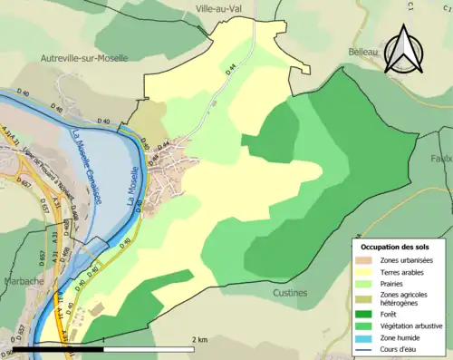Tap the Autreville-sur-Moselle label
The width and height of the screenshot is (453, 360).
click(x=84, y=57)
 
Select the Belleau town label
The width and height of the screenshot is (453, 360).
click(x=363, y=53)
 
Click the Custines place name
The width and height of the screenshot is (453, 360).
click(x=290, y=293)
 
